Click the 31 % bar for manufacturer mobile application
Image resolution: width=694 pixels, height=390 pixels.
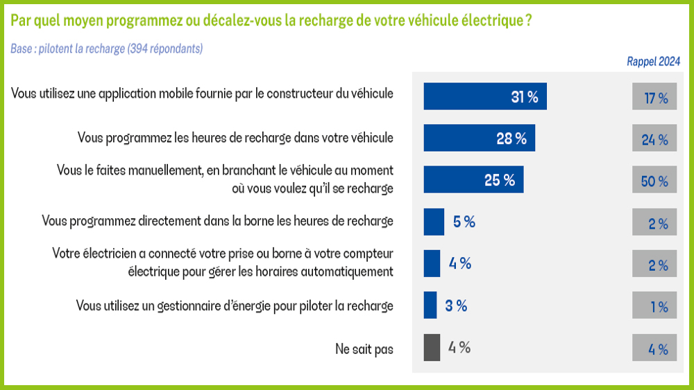(484, 96)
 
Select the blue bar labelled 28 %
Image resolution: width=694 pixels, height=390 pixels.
(479, 138)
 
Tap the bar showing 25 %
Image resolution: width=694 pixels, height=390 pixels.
(473, 179)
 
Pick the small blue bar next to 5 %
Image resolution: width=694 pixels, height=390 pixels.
(434, 222)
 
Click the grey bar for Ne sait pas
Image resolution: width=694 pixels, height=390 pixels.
(432, 347)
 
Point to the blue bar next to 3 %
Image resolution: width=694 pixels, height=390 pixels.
(430, 305)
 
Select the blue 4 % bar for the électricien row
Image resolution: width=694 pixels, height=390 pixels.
(432, 263)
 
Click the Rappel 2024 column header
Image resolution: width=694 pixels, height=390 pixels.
(653, 62)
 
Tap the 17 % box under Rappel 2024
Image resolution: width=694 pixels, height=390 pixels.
(654, 97)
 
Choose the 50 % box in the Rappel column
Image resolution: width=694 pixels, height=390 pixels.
(654, 181)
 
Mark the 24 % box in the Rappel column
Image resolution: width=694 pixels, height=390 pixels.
(654, 139)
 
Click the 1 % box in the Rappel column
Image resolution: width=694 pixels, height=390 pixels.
(654, 306)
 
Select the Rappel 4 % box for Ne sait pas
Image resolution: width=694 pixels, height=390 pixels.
(654, 348)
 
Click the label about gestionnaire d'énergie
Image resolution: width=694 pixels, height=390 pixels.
(235, 305)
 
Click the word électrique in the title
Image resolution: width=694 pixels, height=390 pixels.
(490, 20)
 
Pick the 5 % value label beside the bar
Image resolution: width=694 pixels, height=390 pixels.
(464, 222)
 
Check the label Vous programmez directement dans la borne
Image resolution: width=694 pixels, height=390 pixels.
(217, 221)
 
